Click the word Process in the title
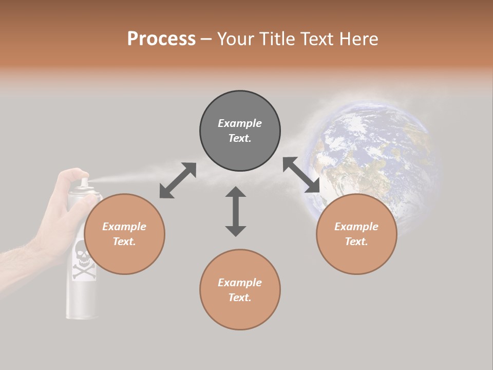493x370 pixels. pos(161,39)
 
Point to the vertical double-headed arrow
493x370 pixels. pos(236,211)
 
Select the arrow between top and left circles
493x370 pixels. pos(178,180)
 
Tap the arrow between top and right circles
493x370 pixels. pos(301,175)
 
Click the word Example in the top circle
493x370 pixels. pos(240,123)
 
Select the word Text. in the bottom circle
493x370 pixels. pos(240,298)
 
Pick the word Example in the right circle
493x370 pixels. pos(356,227)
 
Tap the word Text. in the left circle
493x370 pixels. pos(124,242)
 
